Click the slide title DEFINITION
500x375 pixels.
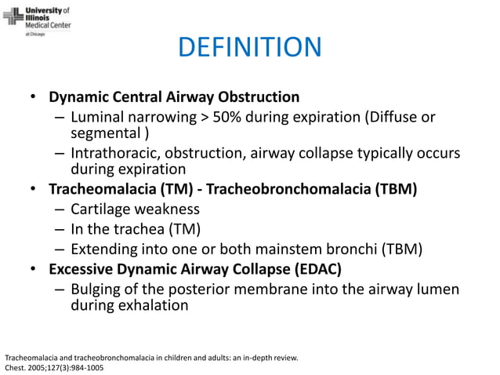[x=249, y=47]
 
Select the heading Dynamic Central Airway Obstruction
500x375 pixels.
[x=174, y=98]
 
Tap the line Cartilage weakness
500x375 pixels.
[x=135, y=209]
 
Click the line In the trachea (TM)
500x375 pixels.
[x=136, y=229]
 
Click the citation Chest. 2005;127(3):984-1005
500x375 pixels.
[x=53, y=366]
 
